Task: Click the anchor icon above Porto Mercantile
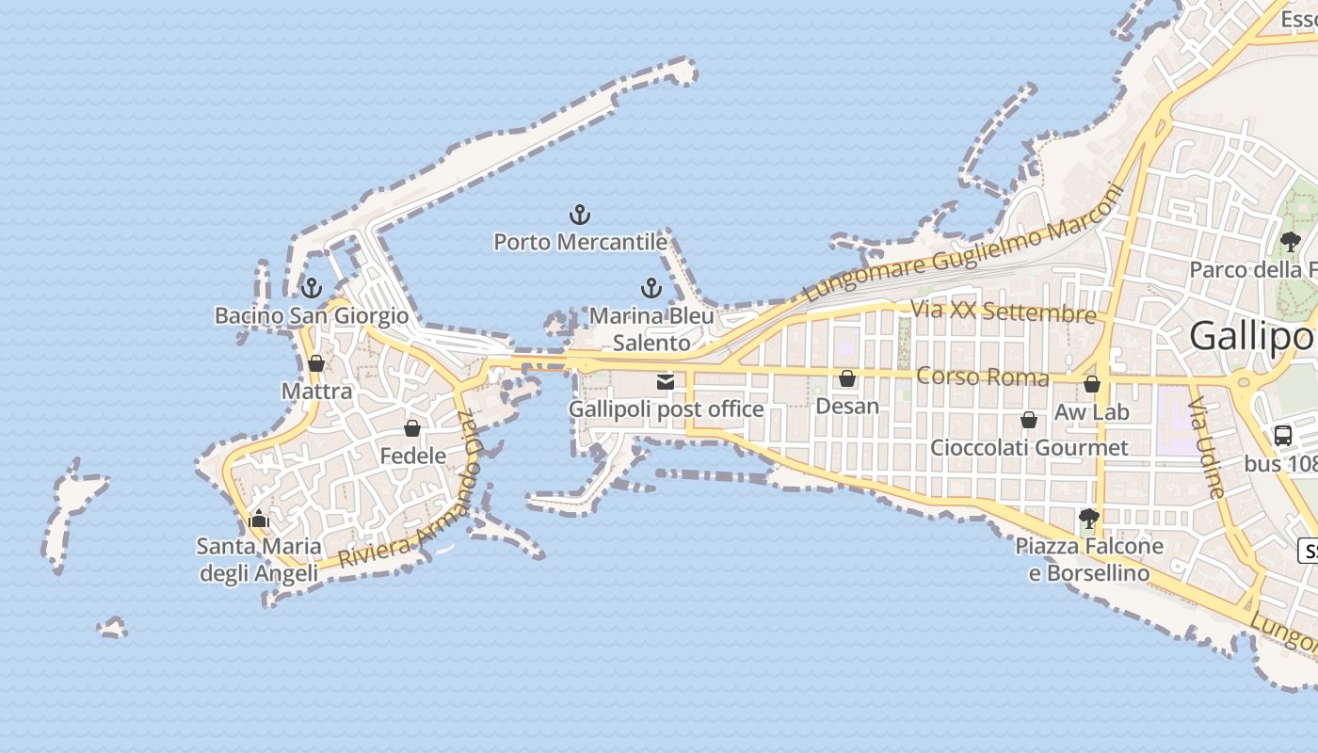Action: (x=580, y=216)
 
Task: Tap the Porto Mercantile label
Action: (x=580, y=242)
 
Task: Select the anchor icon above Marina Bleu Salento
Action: (x=651, y=288)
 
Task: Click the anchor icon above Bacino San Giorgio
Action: (x=311, y=288)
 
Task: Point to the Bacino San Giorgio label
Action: (x=312, y=315)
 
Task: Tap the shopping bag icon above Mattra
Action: (x=316, y=363)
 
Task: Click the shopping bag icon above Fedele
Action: (x=412, y=429)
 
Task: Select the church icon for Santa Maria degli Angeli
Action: (x=259, y=519)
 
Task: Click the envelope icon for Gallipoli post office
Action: (x=666, y=382)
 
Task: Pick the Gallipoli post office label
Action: (x=666, y=409)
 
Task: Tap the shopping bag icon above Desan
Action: (x=847, y=378)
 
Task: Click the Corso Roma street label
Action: (x=982, y=376)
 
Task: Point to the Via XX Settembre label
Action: (x=1004, y=311)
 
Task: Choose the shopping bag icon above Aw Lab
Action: (x=1092, y=384)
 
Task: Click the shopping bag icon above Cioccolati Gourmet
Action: (x=1029, y=420)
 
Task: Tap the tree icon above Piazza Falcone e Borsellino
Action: (x=1089, y=519)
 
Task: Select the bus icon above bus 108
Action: (x=1283, y=435)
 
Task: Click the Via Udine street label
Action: (x=1206, y=448)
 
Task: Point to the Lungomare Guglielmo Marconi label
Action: (x=964, y=245)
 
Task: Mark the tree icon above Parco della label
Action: (x=1290, y=242)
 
